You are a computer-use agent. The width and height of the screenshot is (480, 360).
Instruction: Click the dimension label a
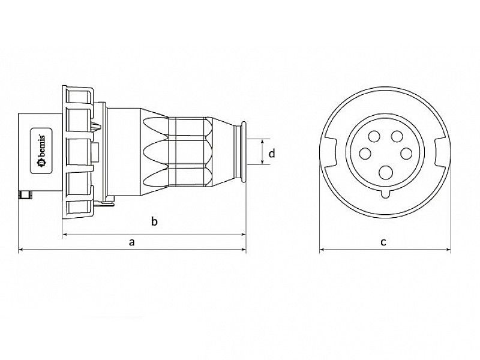pyautogui.click(x=132, y=242)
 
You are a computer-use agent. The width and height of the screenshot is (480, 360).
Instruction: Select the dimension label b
pyautogui.click(x=154, y=223)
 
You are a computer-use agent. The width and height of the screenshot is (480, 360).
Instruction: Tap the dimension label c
pyautogui.click(x=383, y=242)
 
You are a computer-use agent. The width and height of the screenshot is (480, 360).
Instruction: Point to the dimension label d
pyautogui.click(x=272, y=154)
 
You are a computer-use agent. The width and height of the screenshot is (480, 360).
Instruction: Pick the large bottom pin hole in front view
pyautogui.click(x=383, y=173)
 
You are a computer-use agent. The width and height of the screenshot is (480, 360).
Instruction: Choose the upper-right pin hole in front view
pyautogui.click(x=397, y=136)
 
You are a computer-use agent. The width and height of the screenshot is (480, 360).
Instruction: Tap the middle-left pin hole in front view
pyautogui.click(x=364, y=154)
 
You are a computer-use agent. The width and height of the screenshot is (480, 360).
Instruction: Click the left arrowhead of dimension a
pyautogui.click(x=21, y=249)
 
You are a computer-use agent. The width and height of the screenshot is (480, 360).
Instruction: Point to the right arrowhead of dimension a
pyautogui.click(x=243, y=249)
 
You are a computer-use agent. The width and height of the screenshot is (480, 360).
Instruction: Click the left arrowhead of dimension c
pyautogui.click(x=322, y=249)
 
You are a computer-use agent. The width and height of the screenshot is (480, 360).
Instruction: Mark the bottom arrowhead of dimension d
pyautogui.click(x=263, y=163)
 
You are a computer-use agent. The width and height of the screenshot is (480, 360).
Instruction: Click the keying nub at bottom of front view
pyautogui.click(x=384, y=194)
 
